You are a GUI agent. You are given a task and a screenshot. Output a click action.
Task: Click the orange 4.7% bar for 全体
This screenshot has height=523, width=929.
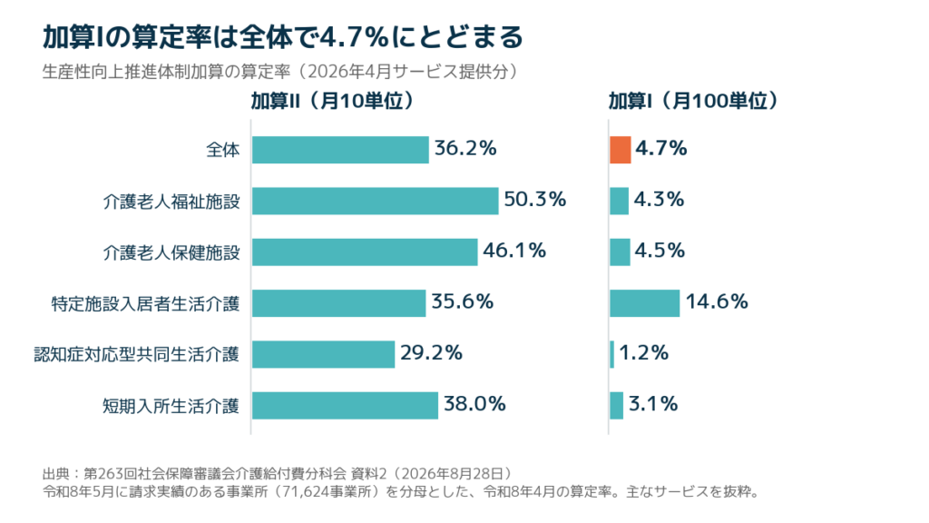click(x=621, y=150)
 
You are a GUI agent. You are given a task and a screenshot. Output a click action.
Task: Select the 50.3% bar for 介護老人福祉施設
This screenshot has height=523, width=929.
click(x=375, y=201)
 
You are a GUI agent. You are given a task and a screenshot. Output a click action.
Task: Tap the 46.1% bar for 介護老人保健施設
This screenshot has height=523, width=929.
click(x=365, y=252)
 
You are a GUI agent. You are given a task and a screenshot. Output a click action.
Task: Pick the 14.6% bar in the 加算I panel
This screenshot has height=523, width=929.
click(x=645, y=303)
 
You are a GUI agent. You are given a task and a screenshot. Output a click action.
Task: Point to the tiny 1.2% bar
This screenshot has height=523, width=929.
click(x=612, y=354)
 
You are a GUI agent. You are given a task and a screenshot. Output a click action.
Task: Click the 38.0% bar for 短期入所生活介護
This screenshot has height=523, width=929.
click(x=346, y=405)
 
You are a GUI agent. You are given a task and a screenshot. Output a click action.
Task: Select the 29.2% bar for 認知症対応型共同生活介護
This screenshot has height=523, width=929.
click(x=324, y=354)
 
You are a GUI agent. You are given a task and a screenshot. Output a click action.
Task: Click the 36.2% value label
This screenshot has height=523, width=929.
click(x=465, y=148)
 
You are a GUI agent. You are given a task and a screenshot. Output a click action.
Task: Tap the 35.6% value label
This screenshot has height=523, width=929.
click(x=462, y=301)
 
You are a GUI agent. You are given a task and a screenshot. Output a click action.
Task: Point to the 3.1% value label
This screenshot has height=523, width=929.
click(x=653, y=404)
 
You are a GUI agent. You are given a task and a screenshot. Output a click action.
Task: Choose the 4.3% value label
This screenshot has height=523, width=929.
click(x=659, y=199)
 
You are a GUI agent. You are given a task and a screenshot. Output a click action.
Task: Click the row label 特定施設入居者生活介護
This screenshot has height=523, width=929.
click(x=146, y=304)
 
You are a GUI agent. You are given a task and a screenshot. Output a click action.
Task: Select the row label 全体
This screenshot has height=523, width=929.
click(x=223, y=150)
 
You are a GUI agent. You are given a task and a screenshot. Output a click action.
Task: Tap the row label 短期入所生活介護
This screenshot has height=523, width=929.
click(x=171, y=406)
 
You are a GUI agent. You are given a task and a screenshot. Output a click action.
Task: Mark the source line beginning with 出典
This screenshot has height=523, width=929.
click(x=279, y=474)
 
